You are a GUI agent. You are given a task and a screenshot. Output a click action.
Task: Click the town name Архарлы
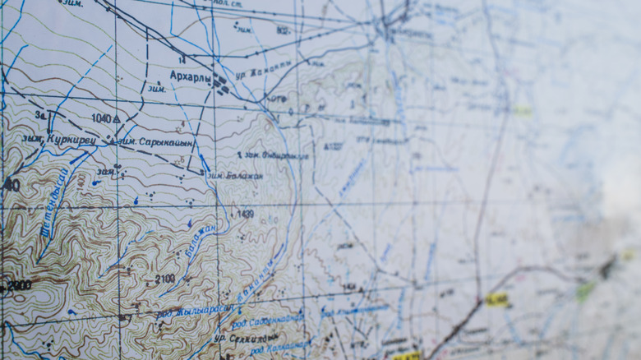pos(190,76)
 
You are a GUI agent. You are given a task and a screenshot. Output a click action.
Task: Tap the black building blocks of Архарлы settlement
pos(220,82)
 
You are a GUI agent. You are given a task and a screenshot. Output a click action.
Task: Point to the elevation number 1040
pos(101,118)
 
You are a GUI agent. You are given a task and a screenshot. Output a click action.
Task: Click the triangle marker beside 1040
pos(117,119)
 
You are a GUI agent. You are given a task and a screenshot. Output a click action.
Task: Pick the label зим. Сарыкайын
pos(155,142)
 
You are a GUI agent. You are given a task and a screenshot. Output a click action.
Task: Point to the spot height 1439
pos(245,215)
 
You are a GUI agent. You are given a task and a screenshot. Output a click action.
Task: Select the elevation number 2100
pos(164,279)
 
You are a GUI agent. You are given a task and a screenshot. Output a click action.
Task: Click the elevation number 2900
pos(19,285)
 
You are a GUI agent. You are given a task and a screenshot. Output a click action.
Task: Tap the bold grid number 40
pos(11,185)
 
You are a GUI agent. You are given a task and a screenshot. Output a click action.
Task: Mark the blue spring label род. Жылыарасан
pos(195,312)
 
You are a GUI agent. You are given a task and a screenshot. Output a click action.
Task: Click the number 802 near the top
pos(283,30)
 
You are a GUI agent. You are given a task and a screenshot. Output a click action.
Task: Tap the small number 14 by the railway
pos(181,60)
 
